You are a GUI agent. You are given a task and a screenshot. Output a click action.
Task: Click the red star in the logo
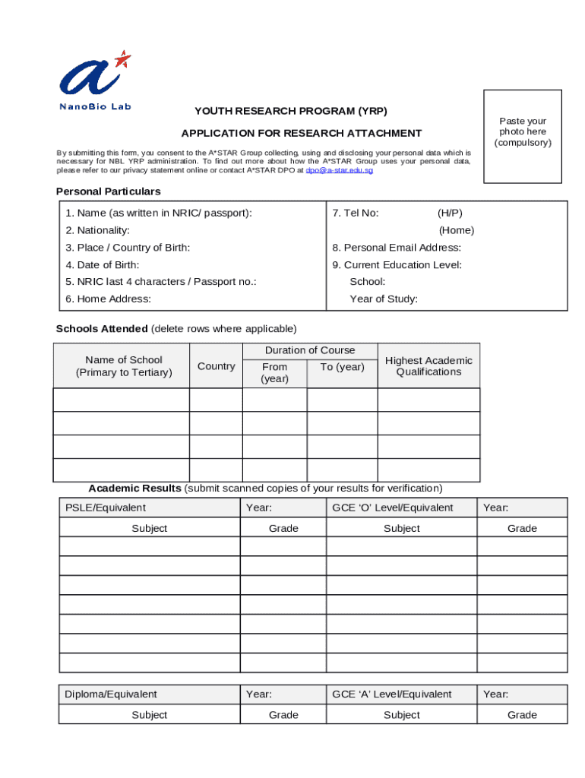[x=122, y=59]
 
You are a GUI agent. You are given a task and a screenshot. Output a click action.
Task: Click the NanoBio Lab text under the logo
[x=95, y=106]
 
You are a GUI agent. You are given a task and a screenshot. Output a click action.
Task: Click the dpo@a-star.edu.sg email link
[x=339, y=171]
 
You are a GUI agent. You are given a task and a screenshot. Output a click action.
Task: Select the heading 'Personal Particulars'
[x=108, y=191]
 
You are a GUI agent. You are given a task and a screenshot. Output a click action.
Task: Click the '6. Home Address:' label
[x=108, y=299]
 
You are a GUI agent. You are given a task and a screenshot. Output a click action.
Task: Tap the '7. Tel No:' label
[x=356, y=213]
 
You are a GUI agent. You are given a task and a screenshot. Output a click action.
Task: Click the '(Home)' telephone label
[x=456, y=230]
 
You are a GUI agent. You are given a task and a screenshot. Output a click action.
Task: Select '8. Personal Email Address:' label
[x=397, y=248]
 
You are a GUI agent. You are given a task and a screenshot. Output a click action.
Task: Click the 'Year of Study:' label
[x=384, y=299]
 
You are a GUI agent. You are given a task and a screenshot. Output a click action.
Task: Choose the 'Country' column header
[x=216, y=366]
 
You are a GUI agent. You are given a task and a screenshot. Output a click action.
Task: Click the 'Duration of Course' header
[x=309, y=350]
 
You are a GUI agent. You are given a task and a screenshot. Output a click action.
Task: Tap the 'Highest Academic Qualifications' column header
[x=428, y=366]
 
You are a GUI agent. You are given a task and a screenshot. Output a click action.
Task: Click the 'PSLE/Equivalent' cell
[x=106, y=508]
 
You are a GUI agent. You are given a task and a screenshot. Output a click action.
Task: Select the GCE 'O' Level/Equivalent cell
[x=392, y=508]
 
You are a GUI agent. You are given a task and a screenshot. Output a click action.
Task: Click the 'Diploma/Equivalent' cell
[x=111, y=694]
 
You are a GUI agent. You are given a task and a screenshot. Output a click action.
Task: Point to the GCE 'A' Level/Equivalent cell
[x=392, y=694]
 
